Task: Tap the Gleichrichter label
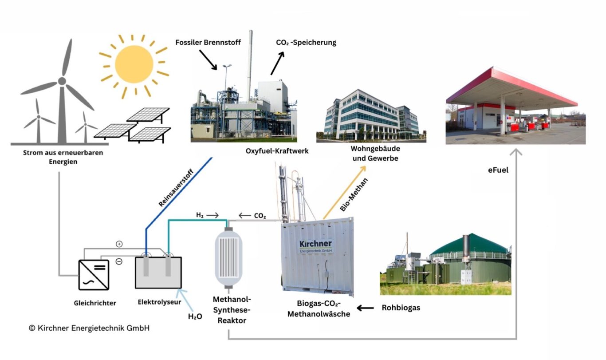click(95, 303)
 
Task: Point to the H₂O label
click(195, 316)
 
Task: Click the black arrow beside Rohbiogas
click(366, 308)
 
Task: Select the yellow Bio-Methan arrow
click(344, 193)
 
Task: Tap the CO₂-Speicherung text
click(306, 43)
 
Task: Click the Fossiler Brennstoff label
click(208, 43)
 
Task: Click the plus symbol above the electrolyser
click(119, 244)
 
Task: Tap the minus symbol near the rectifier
click(119, 261)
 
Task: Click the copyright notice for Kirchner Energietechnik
click(89, 328)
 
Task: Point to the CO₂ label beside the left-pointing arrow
click(260, 216)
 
